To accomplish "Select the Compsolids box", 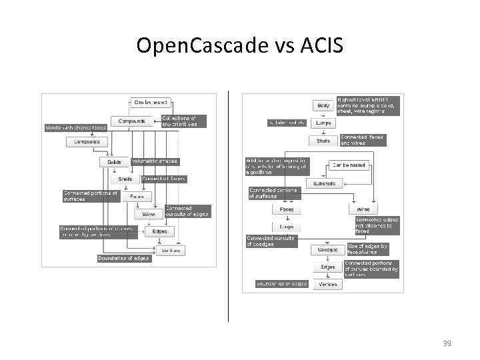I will click(83, 141).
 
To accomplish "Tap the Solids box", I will click(115, 162).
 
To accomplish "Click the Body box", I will click(323, 105).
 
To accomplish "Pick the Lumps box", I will click(323, 123).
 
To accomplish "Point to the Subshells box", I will click(325, 183).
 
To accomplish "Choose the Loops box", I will click(287, 227).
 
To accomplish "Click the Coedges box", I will click(327, 250).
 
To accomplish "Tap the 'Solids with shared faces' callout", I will click(76, 127).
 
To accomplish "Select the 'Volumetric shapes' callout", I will click(155, 161).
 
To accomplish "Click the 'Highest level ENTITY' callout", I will click(369, 105).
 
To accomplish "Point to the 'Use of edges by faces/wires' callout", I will click(367, 249).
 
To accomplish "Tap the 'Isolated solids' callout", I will click(287, 123).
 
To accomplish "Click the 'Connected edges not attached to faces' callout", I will click(377, 225).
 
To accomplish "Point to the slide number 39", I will click(447, 343).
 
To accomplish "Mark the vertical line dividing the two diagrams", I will click(229, 207).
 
